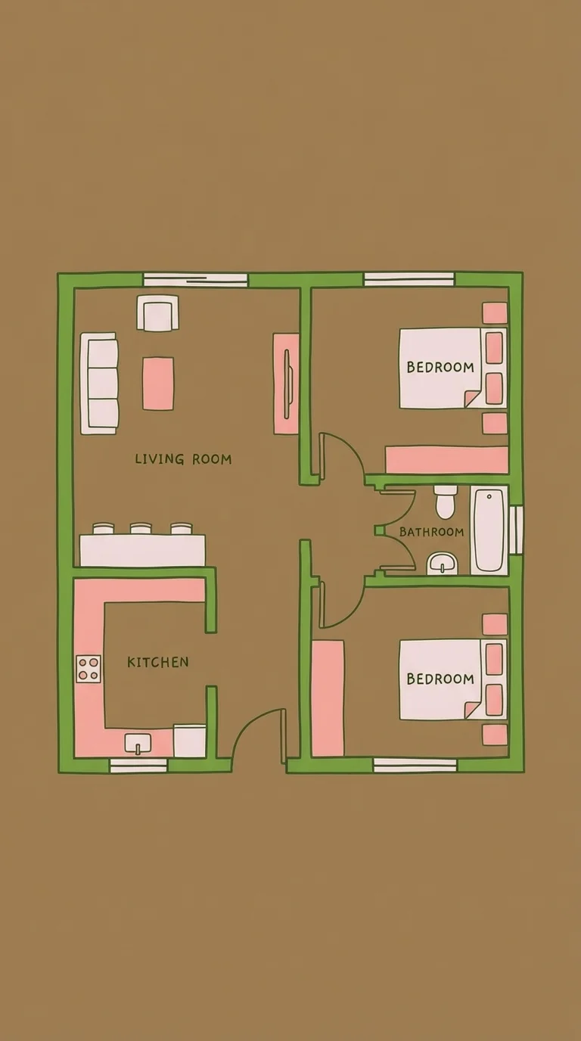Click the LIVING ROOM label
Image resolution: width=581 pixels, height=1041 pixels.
pos(183,459)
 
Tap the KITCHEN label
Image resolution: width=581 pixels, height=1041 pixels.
pos(158,662)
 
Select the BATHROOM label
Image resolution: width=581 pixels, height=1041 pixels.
pos(431,532)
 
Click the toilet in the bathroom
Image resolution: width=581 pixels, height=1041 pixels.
pos(446,502)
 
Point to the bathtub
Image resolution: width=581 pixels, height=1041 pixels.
pos(489,530)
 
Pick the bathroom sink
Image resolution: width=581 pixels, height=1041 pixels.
pos(443,564)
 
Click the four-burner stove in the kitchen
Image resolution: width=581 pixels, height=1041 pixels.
pos(89,668)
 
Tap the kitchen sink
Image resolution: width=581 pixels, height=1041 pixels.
pos(138,743)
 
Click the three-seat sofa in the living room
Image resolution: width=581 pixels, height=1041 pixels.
pos(99,384)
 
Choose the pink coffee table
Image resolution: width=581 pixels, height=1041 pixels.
pos(158,384)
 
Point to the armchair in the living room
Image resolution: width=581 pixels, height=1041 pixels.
pos(158,312)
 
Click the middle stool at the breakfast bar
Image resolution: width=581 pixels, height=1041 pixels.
pos(141,529)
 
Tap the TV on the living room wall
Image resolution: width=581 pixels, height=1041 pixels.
pos(288,384)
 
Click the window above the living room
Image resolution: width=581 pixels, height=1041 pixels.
pos(195,280)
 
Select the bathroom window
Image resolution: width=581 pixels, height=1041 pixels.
pos(516,530)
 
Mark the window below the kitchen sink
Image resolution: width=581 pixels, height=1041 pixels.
pos(138,766)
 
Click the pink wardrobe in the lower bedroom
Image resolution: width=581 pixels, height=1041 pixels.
pos(328,698)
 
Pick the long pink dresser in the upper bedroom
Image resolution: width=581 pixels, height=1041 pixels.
pos(446,460)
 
